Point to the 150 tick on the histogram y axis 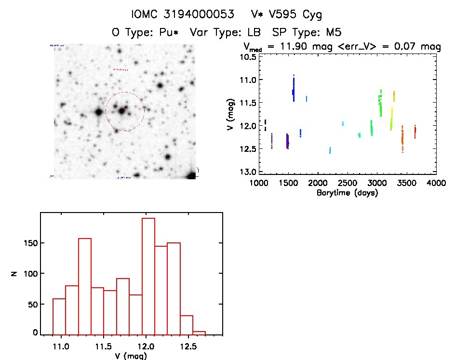pyautogui.click(x=31, y=243)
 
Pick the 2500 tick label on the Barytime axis pyautogui.click(x=348, y=183)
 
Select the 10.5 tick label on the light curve pyautogui.click(x=249, y=57)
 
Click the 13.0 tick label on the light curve pyautogui.click(x=249, y=172)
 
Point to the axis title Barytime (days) pyautogui.click(x=347, y=193)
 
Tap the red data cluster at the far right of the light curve pyautogui.click(x=415, y=131)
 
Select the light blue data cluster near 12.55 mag pyautogui.click(x=330, y=150)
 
